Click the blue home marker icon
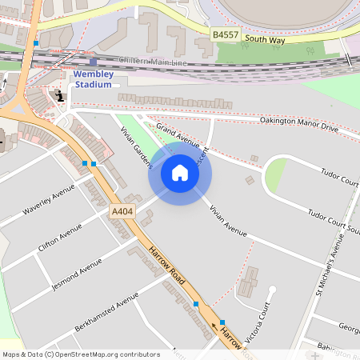(x=180, y=172)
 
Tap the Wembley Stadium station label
(x=94, y=79)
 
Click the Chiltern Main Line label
(x=152, y=60)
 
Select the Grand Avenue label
(x=177, y=135)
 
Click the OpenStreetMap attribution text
(x=80, y=354)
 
